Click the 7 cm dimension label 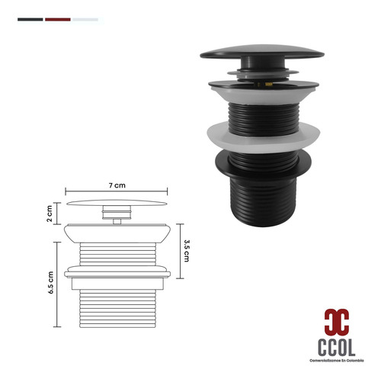(117, 185)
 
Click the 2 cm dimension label (50, 214)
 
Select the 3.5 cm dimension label (187, 251)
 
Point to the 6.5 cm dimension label (50, 283)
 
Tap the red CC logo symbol (337, 322)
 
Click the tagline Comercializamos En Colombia (337, 361)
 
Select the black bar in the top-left (30, 20)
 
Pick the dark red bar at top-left (58, 20)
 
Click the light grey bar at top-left (85, 20)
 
